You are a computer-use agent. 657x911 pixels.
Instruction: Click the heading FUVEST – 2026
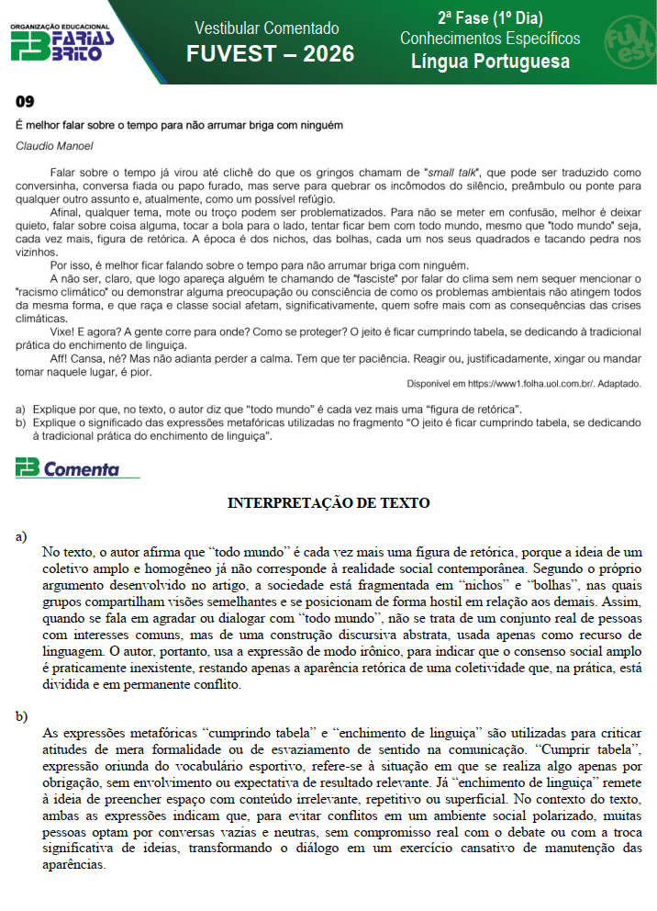270,53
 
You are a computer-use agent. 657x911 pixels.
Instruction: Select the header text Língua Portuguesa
490,62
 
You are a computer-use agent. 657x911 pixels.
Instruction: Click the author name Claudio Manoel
54,145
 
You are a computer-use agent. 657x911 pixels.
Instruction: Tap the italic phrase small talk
453,172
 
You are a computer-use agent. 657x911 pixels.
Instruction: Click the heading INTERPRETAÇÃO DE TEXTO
328,503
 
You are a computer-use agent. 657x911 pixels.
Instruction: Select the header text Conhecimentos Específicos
490,39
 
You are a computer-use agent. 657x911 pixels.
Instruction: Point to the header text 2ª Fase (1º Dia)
490,17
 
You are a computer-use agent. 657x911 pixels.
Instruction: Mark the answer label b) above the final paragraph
21,716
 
